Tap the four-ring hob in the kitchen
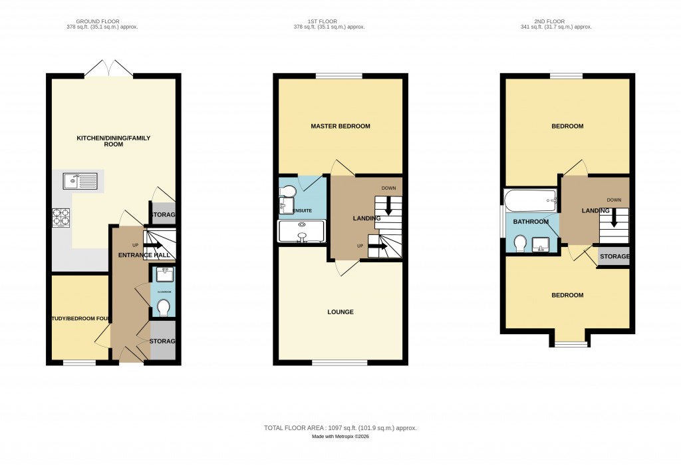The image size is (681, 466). coord(61,218)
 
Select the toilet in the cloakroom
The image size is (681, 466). coord(163,307)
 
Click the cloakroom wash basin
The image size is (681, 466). coord(163,275)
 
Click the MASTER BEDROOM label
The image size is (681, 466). coord(340,126)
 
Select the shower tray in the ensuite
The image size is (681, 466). coord(302,231)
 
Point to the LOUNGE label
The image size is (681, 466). coord(340,312)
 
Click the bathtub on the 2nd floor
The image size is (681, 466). coord(530,198)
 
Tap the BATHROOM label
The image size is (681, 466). coord(530,222)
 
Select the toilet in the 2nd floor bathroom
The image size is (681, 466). coord(520,244)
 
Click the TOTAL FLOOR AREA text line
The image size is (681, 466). coord(340,427)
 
